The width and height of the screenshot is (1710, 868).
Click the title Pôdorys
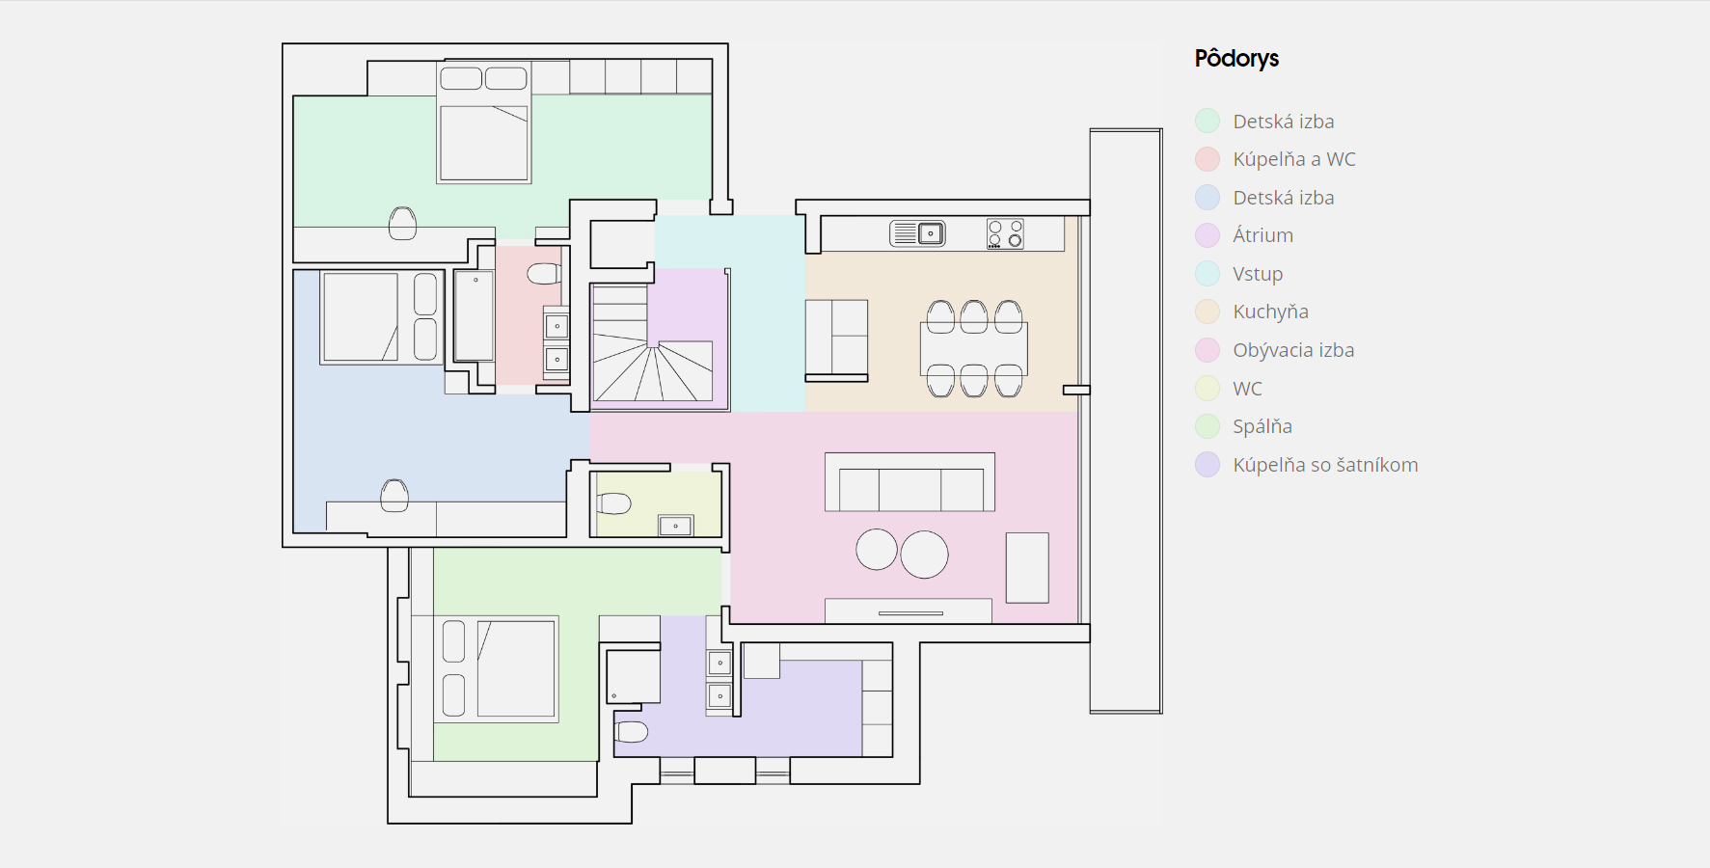pyautogui.click(x=1236, y=59)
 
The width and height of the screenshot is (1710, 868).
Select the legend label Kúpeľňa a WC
pyautogui.click(x=1294, y=159)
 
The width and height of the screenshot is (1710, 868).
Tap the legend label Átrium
pyautogui.click(x=1262, y=235)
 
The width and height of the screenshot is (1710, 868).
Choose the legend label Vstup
pyautogui.click(x=1258, y=274)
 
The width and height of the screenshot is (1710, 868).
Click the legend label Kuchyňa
pyautogui.click(x=1270, y=312)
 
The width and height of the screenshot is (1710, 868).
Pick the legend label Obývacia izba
pyautogui.click(x=1293, y=350)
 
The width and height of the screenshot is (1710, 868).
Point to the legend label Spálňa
pyautogui.click(x=1262, y=426)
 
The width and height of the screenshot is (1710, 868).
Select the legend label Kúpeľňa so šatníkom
pyautogui.click(x=1325, y=465)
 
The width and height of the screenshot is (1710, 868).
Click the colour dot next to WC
pyautogui.click(x=1208, y=388)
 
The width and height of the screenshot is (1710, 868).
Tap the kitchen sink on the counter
pyautogui.click(x=917, y=233)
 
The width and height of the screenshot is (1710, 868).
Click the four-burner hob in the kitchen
pyautogui.click(x=1005, y=233)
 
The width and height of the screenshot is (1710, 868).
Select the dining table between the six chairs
pyautogui.click(x=974, y=348)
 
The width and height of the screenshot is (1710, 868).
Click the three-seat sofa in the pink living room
pyautogui.click(x=909, y=482)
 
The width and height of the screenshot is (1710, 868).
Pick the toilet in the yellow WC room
pyautogui.click(x=613, y=503)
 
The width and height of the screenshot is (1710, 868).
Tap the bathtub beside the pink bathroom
pyautogui.click(x=474, y=316)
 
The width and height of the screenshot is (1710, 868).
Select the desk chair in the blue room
pyautogui.click(x=394, y=496)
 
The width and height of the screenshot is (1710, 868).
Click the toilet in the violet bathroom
pyautogui.click(x=631, y=732)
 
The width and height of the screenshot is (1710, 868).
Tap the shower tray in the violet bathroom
pyautogui.click(x=634, y=676)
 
